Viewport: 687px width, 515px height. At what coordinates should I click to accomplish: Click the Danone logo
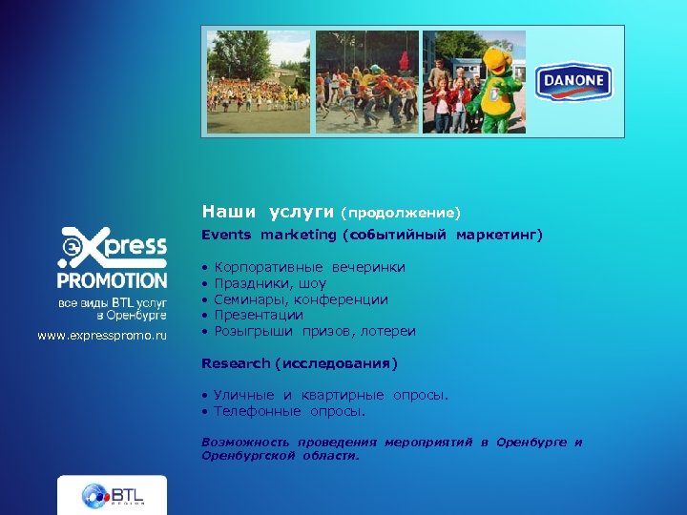click(573, 82)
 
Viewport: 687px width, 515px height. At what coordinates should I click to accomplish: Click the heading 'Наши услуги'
click(267, 211)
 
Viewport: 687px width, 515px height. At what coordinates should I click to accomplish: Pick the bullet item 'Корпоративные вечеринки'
click(309, 267)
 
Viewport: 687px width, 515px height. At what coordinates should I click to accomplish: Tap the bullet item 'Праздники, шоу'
click(270, 283)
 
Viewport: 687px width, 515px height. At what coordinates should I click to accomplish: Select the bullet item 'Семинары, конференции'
click(301, 299)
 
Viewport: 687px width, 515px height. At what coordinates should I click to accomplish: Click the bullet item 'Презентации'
click(259, 315)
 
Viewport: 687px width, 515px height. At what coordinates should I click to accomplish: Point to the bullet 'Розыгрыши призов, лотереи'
click(315, 331)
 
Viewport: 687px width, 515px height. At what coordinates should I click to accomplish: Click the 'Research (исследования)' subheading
click(299, 363)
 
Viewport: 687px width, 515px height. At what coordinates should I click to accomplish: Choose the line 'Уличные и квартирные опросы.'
click(330, 395)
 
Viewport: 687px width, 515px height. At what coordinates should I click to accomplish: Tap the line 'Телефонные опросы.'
click(289, 411)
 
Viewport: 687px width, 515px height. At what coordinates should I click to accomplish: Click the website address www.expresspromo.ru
click(102, 336)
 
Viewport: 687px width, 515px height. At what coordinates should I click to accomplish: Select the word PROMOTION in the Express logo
click(112, 280)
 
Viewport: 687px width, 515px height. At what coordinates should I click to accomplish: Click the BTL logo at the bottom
click(112, 496)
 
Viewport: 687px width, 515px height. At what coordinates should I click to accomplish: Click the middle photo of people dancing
click(367, 82)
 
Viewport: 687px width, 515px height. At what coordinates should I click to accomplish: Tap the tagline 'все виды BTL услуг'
click(113, 302)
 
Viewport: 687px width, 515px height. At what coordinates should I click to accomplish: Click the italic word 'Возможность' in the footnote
click(241, 443)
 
